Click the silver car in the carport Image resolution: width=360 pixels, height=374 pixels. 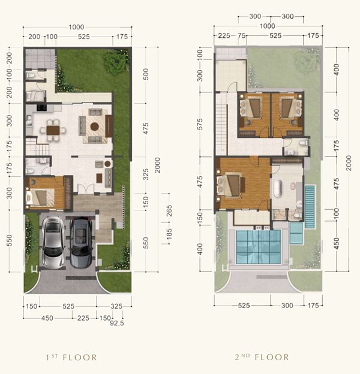(x=53, y=243)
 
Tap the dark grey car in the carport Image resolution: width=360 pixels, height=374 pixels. (x=81, y=242)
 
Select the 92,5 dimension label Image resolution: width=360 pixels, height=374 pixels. (x=117, y=324)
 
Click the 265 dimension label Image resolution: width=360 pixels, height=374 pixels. (x=169, y=210)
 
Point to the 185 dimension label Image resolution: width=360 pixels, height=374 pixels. (x=169, y=234)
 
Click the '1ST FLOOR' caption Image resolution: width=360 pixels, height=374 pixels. (x=71, y=357)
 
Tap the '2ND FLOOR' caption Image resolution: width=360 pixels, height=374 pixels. (x=262, y=357)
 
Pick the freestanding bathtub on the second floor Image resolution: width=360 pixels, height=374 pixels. (x=278, y=188)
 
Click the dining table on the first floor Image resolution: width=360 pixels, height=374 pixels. (x=53, y=130)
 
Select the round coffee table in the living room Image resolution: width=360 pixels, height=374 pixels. (x=95, y=126)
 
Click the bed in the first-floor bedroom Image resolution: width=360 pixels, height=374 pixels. (x=40, y=198)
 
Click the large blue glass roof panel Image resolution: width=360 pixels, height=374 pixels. (x=259, y=246)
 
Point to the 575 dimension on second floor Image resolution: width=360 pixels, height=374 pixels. (x=200, y=124)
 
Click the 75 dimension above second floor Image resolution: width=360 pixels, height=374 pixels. (x=242, y=36)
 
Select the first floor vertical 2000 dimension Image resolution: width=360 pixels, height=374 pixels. (x=157, y=165)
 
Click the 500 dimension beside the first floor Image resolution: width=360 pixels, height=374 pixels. (x=146, y=74)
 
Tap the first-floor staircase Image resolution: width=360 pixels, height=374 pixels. (x=37, y=146)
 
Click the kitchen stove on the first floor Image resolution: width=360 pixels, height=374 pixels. (x=41, y=107)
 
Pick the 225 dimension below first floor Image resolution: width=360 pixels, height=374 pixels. (x=83, y=318)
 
